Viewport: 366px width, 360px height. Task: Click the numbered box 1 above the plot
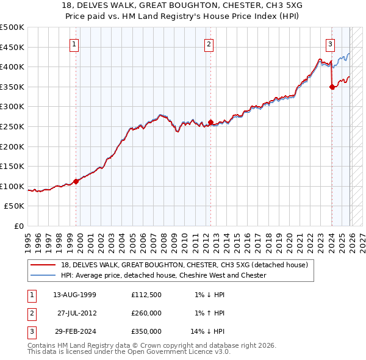pyautogui.click(x=74, y=43)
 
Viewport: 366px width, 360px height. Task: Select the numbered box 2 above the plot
pyautogui.click(x=209, y=43)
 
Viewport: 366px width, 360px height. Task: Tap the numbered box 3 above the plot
pyautogui.click(x=330, y=43)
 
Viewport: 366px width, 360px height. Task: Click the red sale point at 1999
pyautogui.click(x=76, y=181)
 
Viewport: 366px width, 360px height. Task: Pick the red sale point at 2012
pyautogui.click(x=210, y=123)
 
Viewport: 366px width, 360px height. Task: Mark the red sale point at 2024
pyautogui.click(x=332, y=87)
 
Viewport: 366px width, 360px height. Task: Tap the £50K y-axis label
pyautogui.click(x=15, y=206)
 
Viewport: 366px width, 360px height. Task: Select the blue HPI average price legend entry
pyautogui.click(x=163, y=275)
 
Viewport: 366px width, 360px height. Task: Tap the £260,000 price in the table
pyautogui.click(x=146, y=313)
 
